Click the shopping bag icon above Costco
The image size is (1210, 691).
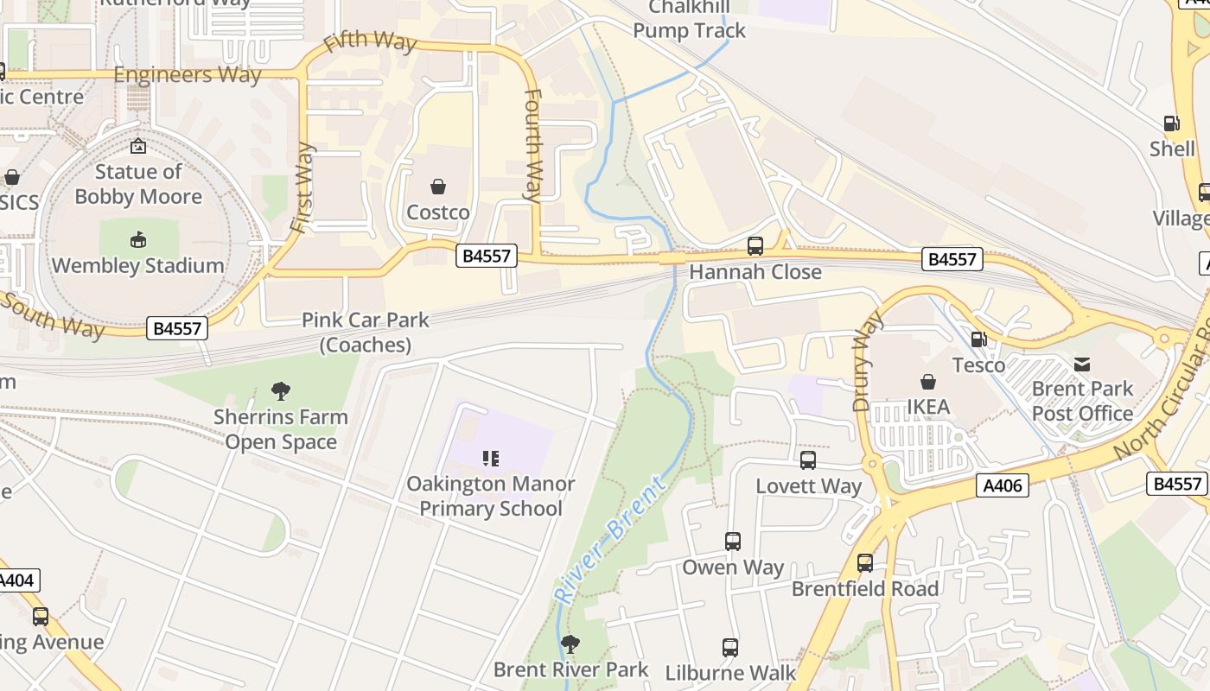[x=438, y=187]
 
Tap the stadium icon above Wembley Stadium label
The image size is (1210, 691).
[x=137, y=239]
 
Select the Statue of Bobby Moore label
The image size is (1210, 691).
[x=138, y=184]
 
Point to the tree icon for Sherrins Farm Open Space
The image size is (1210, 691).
[x=280, y=390]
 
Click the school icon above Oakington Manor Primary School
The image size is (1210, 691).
[x=491, y=458]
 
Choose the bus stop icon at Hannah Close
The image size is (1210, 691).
[x=755, y=246]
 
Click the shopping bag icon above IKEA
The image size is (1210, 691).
[x=927, y=382]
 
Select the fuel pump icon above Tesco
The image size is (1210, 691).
[x=978, y=339]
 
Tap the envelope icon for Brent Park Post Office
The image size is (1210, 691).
[x=1081, y=364]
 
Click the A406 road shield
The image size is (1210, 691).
[x=1003, y=485]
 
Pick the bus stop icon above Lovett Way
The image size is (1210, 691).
[x=808, y=460]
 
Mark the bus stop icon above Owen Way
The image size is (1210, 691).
[x=732, y=542]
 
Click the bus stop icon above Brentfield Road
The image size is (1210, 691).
[x=864, y=563]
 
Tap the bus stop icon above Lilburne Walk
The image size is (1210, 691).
[x=729, y=647]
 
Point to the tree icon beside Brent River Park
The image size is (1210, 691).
[x=570, y=643]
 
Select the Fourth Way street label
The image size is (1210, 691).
[x=532, y=145]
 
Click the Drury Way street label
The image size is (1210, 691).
[x=868, y=360]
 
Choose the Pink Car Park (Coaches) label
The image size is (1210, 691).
[x=365, y=333]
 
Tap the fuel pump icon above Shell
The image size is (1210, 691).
[x=1171, y=124]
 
